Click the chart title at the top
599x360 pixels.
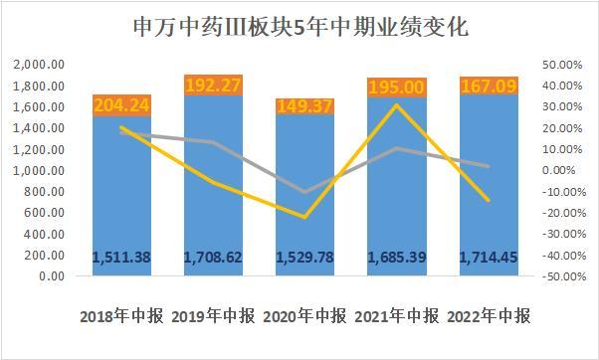coord(301,28)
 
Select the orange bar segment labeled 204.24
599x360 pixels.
coord(121,105)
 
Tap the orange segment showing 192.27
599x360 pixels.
coord(214,86)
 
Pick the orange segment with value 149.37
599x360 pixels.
coord(305,106)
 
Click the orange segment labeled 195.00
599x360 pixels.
coord(397,88)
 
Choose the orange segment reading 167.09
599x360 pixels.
coord(489,86)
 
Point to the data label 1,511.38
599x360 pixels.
coord(121,258)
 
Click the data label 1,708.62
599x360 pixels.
coord(214,258)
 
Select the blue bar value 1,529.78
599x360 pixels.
coord(305,258)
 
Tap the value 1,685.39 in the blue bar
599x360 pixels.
coord(397,258)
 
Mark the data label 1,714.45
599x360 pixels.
coord(489,258)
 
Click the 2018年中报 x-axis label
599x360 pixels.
coord(121,316)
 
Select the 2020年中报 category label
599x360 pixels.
coord(305,316)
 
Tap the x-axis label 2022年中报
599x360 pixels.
coord(489,316)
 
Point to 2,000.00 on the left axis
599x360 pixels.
coord(39,65)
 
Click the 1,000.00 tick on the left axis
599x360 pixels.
coord(39,170)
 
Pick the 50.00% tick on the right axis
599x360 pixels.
coord(562,65)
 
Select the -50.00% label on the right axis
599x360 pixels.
coord(564,276)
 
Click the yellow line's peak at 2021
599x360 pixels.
coord(397,105)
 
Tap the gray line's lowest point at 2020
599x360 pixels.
coord(304,192)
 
